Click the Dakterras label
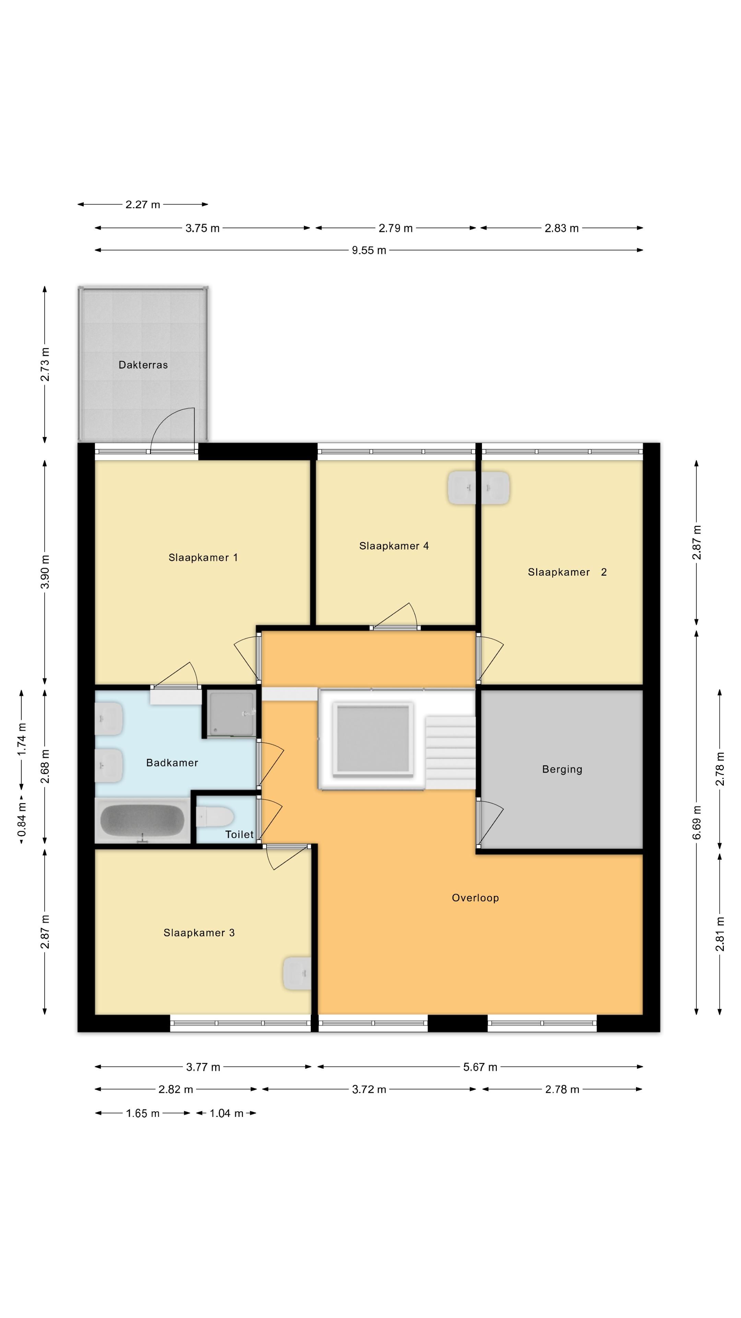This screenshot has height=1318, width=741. point(143,365)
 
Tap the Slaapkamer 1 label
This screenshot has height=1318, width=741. point(203,558)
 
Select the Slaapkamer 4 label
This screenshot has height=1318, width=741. point(394,546)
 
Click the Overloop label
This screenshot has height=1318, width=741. point(475,898)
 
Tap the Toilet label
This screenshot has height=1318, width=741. point(239,834)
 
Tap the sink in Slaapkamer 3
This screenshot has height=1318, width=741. point(297,974)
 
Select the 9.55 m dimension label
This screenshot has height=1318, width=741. point(369,250)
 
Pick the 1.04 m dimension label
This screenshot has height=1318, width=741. point(226,1113)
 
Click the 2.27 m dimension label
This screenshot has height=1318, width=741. point(143,205)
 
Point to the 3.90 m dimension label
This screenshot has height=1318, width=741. point(45,571)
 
